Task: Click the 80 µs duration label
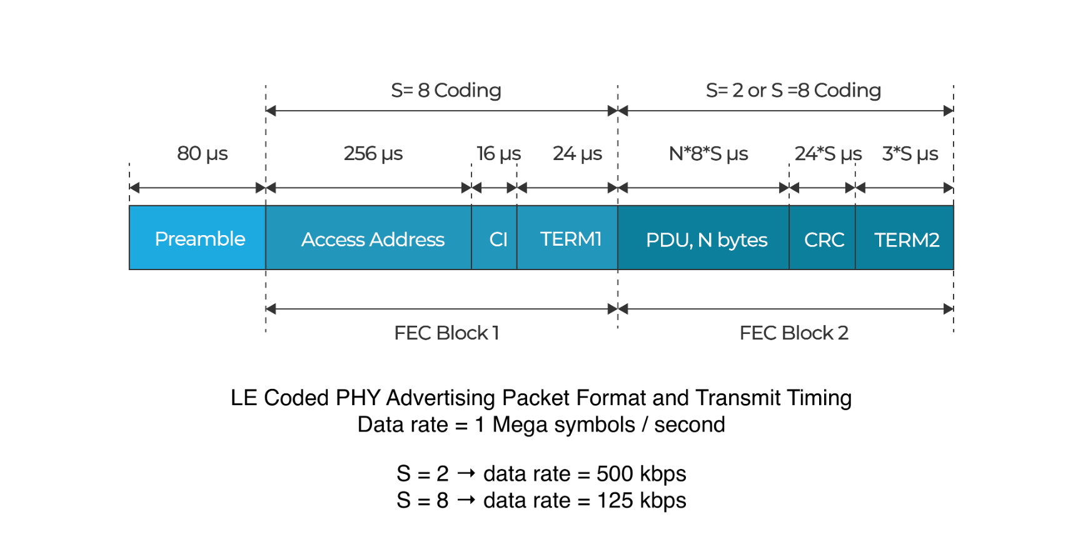coord(202,153)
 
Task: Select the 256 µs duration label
coord(373,153)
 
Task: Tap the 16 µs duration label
coord(498,153)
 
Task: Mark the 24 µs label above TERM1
coord(577,153)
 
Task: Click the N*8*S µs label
coord(708,153)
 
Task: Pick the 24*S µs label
coord(827,153)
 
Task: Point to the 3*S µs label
coord(909,153)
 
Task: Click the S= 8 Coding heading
coord(446,91)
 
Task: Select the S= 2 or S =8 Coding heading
coord(793,91)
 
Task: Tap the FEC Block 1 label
coord(446,333)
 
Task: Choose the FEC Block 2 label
coord(793,333)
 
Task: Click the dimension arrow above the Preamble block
coord(198,188)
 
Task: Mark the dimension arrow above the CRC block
coord(822,188)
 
